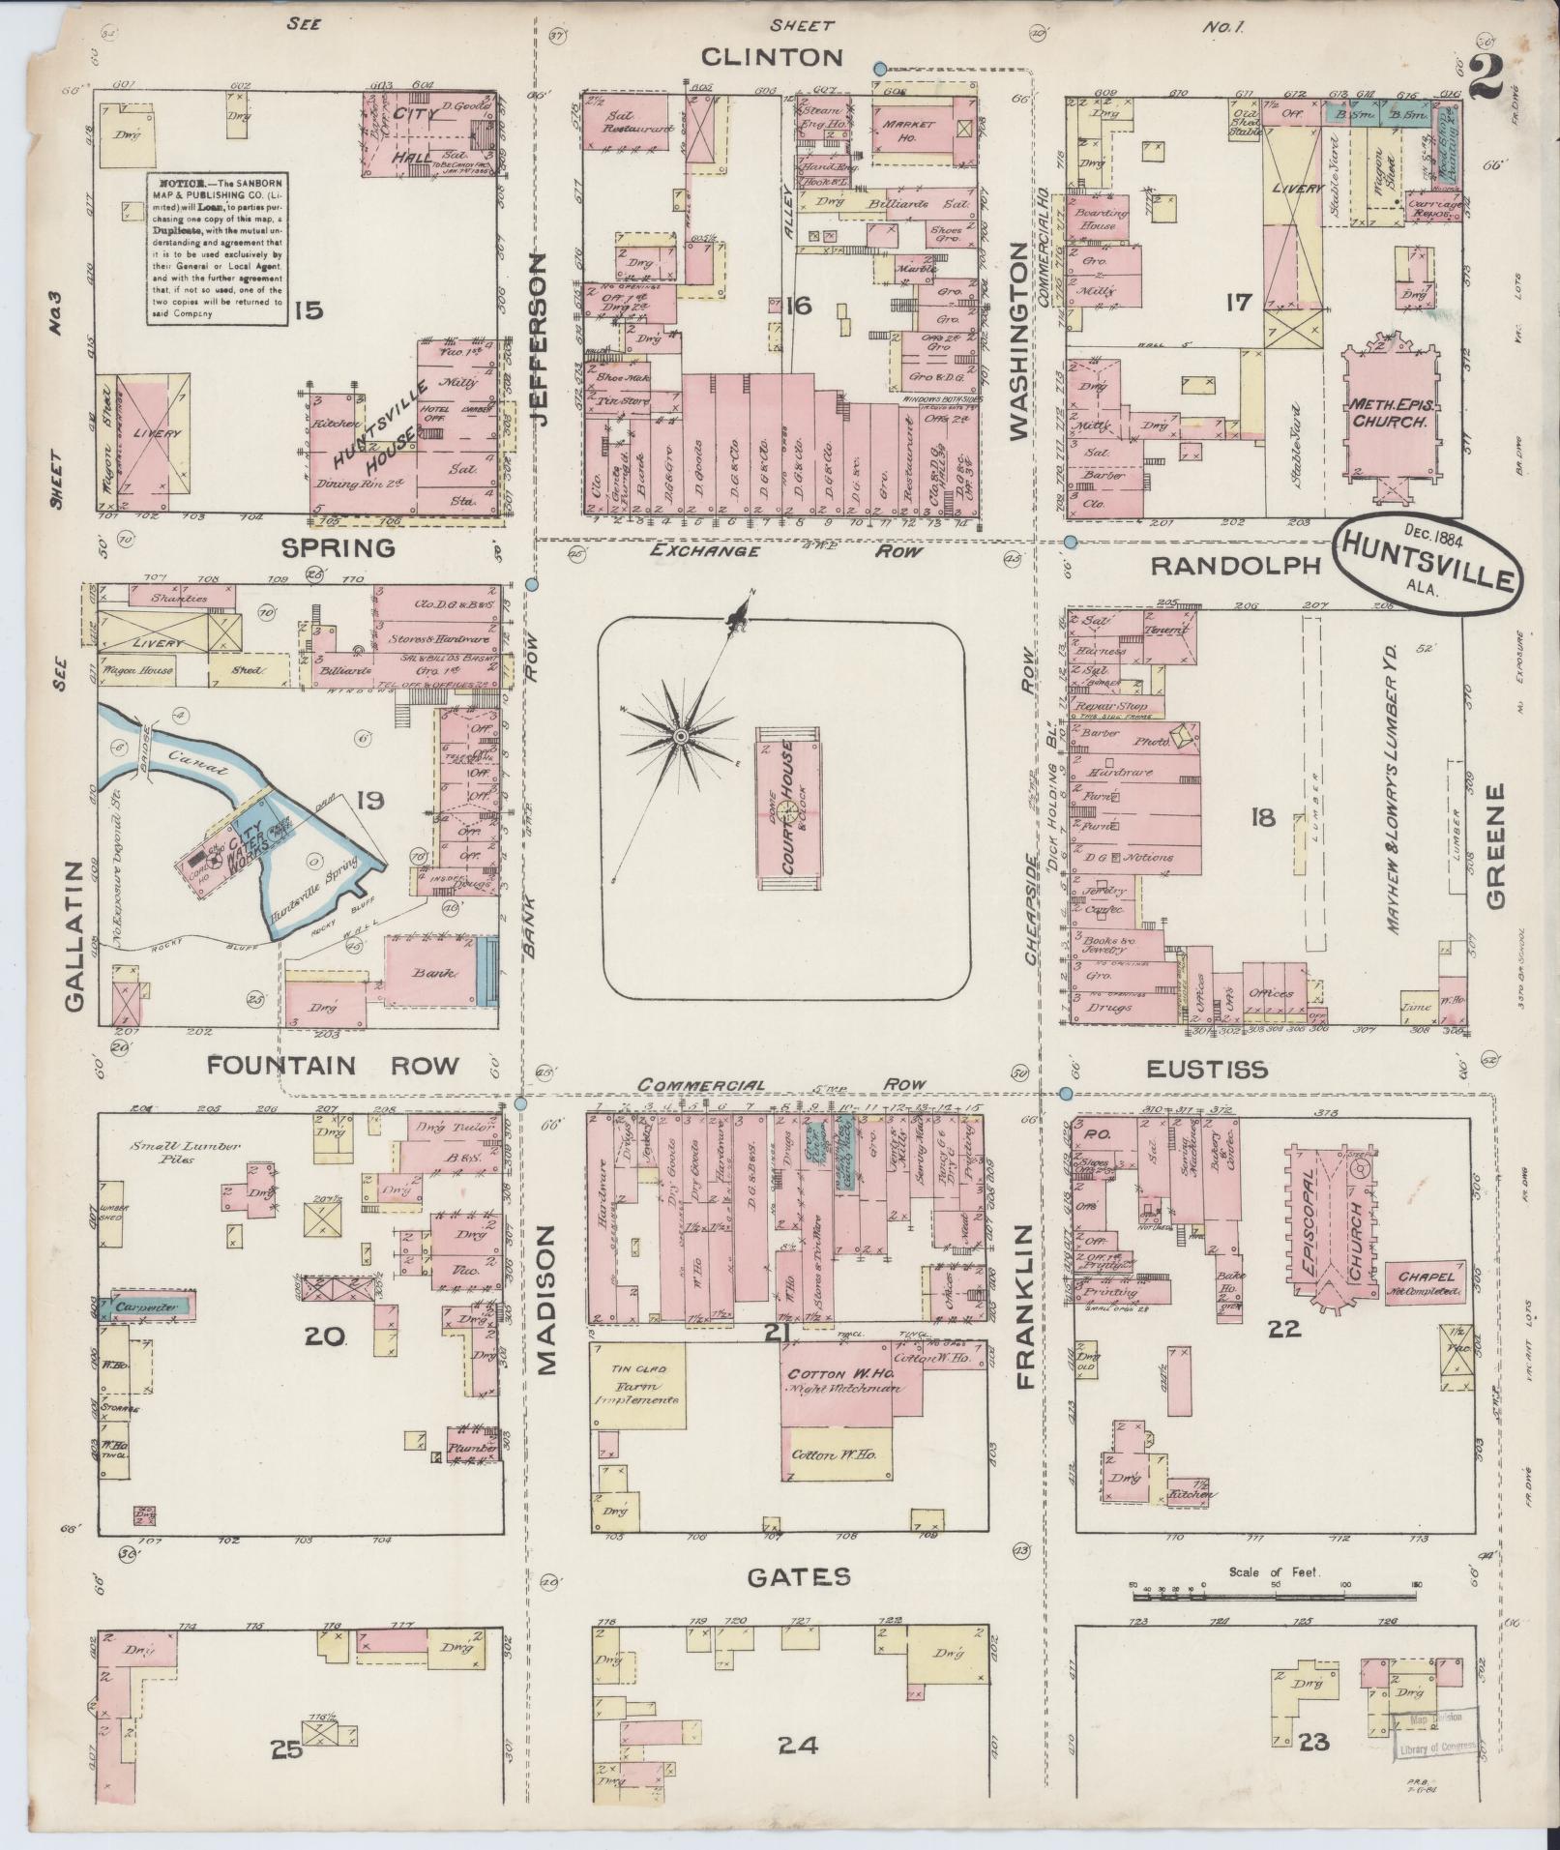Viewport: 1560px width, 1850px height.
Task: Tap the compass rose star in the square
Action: [x=680, y=737]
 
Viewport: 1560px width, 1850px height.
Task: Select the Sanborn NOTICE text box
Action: [x=216, y=249]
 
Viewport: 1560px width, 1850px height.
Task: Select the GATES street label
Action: [x=799, y=1576]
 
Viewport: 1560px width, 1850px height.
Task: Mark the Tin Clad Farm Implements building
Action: [x=637, y=1385]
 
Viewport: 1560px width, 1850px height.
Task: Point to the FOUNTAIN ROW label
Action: [x=333, y=1065]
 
